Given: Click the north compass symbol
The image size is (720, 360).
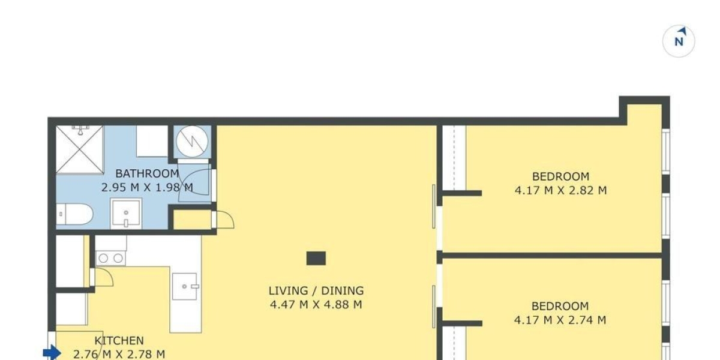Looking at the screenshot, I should pos(679,41).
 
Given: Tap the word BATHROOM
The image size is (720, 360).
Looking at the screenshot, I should pos(147,174).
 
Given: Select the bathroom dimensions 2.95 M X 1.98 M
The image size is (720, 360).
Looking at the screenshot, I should pos(147,187).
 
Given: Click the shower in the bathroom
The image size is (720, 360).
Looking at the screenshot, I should pos(79,149).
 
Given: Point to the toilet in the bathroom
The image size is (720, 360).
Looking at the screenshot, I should pos(75,214).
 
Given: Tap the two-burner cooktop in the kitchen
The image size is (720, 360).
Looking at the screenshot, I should pos(110,258).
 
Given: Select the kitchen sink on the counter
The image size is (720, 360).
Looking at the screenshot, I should pos(185,286).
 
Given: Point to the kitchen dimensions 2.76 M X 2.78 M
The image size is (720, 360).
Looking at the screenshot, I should pos(119,354).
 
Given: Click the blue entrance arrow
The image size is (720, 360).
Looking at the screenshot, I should pos(52,353).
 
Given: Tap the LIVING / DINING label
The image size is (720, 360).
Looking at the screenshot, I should pos(316,291).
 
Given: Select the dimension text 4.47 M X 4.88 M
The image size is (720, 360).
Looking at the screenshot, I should pos(316,304).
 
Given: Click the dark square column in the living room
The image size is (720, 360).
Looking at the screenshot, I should pos(316,258).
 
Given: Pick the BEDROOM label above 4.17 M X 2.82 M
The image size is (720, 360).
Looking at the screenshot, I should pos(560,176).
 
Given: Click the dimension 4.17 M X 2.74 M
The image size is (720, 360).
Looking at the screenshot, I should pos(560,320).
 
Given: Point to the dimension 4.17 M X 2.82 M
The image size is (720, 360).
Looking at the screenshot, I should pos(560,190).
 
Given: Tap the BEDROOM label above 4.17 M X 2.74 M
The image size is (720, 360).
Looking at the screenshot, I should pos(560,306).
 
